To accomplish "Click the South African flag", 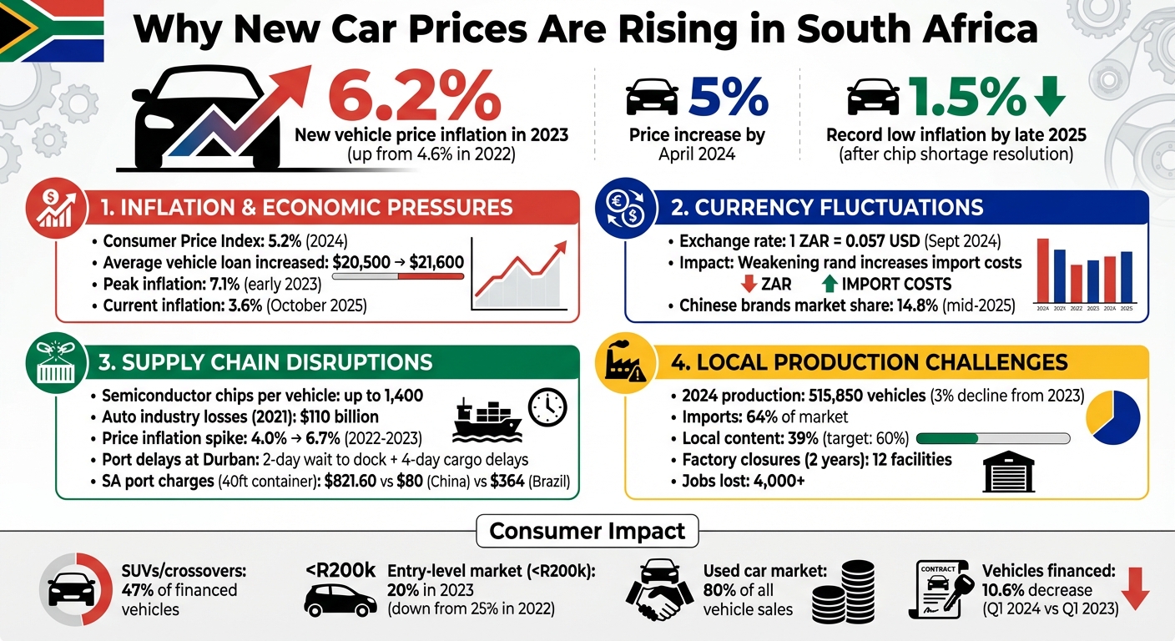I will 52,31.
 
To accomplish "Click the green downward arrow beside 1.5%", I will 1049,96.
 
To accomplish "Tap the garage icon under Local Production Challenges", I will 1008,473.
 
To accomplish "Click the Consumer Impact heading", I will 587,531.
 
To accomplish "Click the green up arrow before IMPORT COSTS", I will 830,285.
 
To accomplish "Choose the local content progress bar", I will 993,438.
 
